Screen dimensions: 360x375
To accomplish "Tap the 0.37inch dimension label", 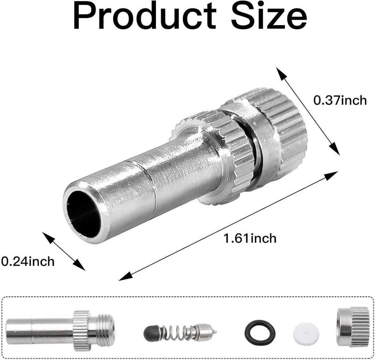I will [340, 100].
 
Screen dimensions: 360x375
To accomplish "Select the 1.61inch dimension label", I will [250, 239].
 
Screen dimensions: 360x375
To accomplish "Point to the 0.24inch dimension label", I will [27, 261].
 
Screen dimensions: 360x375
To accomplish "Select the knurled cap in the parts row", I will [353, 327].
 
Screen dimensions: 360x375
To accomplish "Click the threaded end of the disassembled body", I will [106, 326].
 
